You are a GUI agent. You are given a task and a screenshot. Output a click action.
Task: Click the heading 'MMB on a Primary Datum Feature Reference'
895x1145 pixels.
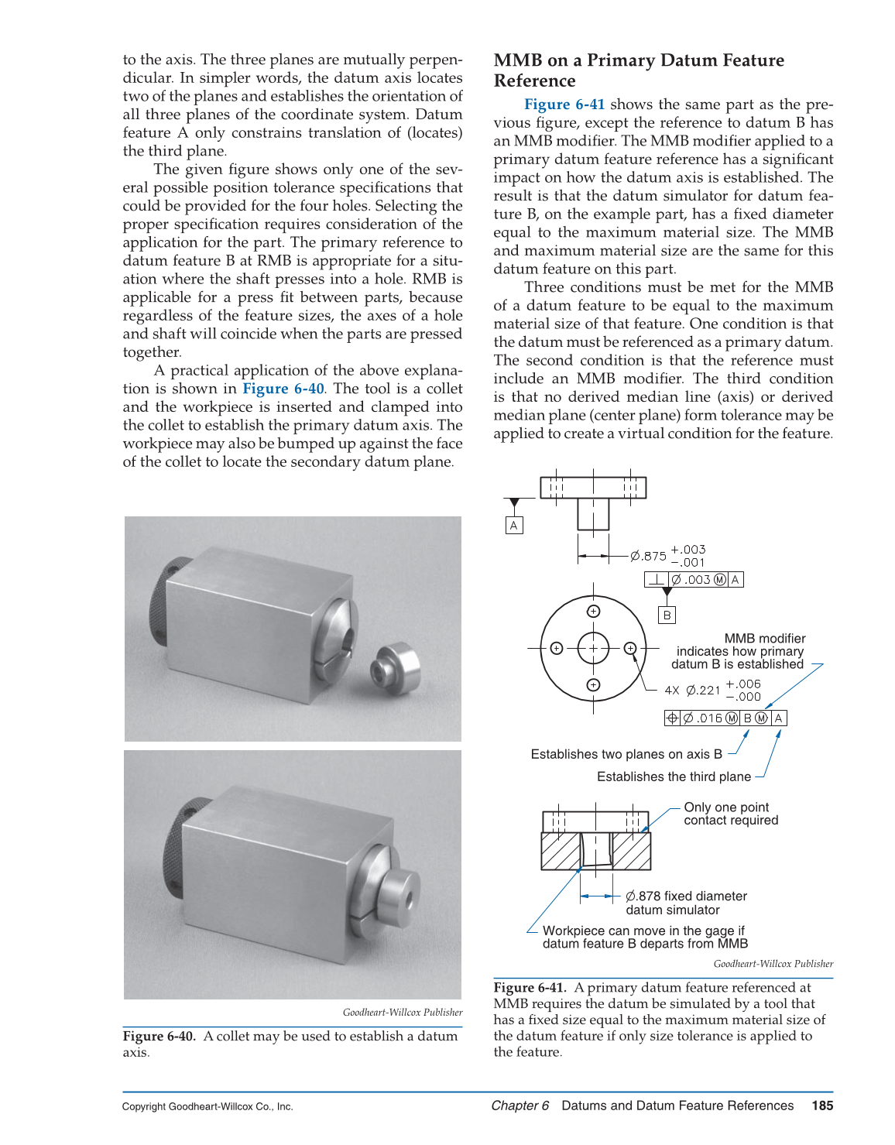tap(639, 70)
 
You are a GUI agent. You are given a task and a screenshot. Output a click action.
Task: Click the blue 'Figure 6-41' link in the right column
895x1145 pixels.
tap(564, 105)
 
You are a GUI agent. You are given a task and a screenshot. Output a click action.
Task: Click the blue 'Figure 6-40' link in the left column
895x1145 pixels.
tap(283, 389)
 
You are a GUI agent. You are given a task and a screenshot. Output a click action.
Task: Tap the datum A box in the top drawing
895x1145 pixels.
tap(513, 526)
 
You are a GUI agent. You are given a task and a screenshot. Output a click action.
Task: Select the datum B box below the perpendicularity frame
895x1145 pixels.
tap(667, 615)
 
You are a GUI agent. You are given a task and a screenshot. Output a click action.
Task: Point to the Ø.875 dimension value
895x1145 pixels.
tap(648, 556)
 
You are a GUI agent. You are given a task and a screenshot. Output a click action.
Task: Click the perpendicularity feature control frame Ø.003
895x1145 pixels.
tap(694, 580)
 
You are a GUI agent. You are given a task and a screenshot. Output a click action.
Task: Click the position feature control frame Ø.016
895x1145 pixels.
tap(725, 718)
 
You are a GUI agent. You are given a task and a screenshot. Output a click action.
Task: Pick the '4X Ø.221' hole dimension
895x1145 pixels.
tap(693, 690)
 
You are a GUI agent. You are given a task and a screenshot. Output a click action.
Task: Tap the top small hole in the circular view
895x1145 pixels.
tap(593, 612)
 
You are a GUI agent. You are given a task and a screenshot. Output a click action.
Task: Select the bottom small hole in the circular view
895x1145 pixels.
tap(593, 684)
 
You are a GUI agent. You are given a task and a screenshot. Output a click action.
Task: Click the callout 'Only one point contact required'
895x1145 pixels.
tap(730, 814)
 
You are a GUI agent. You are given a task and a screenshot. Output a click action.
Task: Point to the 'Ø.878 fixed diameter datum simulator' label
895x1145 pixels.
tap(686, 903)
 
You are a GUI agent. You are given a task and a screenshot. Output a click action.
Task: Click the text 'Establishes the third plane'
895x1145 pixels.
tap(674, 776)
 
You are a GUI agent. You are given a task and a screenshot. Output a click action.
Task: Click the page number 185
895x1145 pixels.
tap(822, 1106)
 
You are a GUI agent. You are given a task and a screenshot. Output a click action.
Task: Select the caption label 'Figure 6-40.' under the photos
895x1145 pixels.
tap(159, 1037)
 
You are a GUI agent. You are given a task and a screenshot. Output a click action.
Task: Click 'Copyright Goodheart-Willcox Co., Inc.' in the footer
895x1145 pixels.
tap(207, 1106)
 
